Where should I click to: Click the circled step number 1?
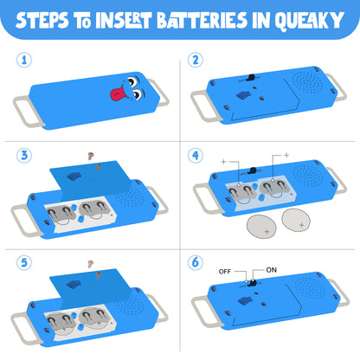click(24, 60)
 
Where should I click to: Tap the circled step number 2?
click(196, 60)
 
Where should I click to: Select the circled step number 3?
click(24, 155)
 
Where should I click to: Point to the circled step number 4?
click(196, 155)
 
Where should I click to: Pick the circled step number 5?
click(24, 262)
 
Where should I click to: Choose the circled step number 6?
click(196, 262)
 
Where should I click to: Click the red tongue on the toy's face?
click(118, 93)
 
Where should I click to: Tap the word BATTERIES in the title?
click(202, 21)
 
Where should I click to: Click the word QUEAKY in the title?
click(309, 21)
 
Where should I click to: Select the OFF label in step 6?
click(225, 272)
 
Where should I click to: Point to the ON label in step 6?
click(271, 270)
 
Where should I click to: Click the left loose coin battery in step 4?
click(261, 227)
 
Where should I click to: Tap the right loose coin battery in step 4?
click(296, 220)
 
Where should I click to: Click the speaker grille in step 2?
click(307, 83)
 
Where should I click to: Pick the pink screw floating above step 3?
click(91, 156)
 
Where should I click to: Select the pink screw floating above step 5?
click(91, 264)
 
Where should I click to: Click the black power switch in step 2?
click(251, 78)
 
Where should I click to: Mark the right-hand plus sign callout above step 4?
click(286, 155)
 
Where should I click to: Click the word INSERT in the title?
click(124, 21)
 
